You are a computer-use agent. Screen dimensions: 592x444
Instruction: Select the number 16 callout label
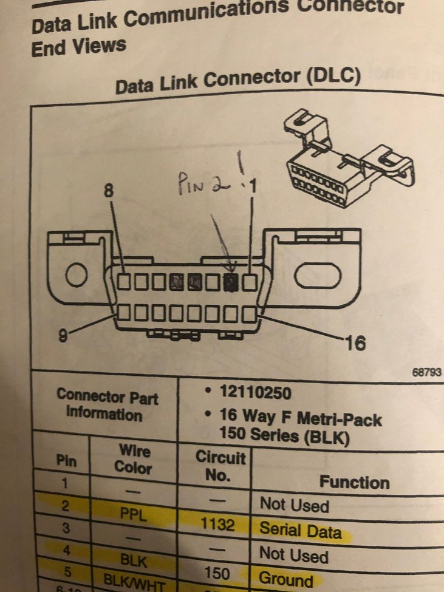[355, 344]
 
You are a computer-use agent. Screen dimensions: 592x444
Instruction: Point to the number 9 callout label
[63, 335]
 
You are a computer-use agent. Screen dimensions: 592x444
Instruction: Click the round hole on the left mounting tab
[77, 276]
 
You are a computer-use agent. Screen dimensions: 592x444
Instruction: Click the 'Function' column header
[355, 483]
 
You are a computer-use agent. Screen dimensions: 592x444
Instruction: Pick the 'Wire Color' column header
[134, 460]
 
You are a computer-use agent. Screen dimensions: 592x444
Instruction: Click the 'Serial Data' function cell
[299, 529]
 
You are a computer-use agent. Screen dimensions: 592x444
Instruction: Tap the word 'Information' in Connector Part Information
[104, 415]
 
